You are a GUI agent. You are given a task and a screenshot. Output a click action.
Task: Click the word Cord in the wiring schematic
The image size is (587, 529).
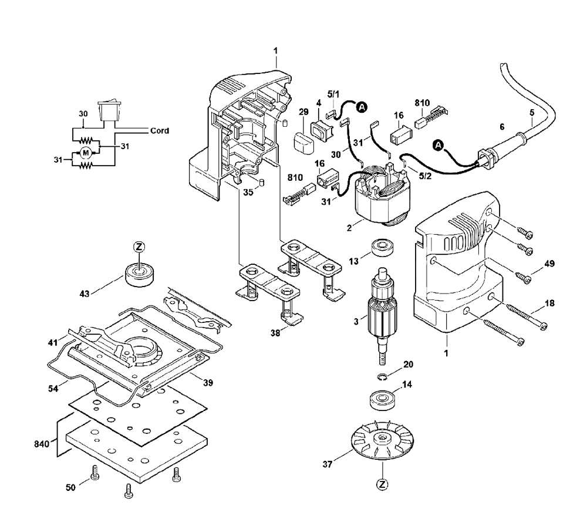coord(160,131)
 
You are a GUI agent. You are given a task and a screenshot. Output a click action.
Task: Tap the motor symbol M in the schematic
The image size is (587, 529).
coord(86,153)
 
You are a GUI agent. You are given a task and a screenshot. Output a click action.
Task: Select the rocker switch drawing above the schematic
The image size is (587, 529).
coord(109,109)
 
